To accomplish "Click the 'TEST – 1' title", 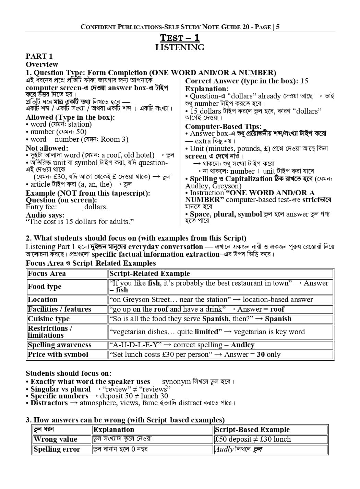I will (180, 38).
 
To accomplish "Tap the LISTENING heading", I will (180, 47).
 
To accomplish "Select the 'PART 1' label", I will (39, 56).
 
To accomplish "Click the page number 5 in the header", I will (278, 27).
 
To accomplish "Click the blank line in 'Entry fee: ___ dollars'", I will (71, 207).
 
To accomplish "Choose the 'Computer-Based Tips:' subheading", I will (223, 126).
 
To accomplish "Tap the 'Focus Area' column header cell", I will (47, 273).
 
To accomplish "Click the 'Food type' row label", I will (45, 287).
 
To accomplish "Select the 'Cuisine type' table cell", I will (48, 319).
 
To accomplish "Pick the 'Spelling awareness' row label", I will (60, 345).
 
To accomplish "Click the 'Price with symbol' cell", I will (58, 354).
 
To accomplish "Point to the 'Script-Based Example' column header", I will (252, 430).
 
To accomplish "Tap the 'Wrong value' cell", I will (55, 439).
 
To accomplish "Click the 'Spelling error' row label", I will (57, 449).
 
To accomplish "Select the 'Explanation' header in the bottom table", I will (113, 430).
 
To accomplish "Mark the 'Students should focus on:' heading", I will (69, 373).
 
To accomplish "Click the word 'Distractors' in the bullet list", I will (49, 403).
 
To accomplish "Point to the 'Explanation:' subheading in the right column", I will (207, 89).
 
